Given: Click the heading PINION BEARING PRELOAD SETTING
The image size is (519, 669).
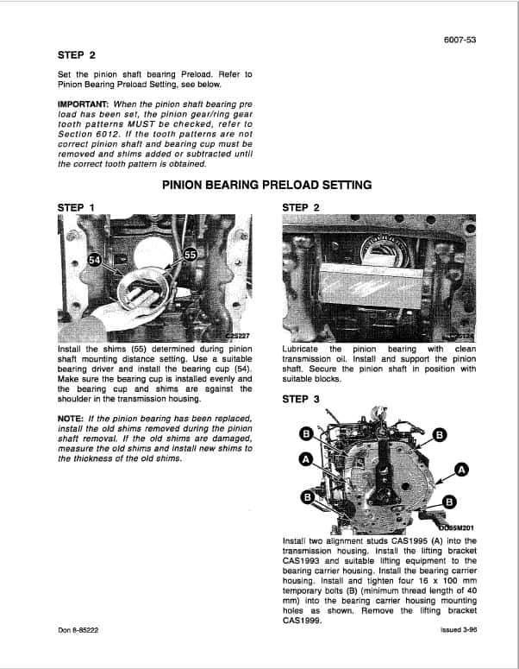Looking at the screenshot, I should coord(267,185).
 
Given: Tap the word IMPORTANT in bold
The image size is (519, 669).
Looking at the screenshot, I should coord(84,104).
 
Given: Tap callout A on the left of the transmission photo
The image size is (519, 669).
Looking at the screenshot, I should coord(303,459).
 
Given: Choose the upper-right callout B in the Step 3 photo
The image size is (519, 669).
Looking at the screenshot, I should coord(441,435).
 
